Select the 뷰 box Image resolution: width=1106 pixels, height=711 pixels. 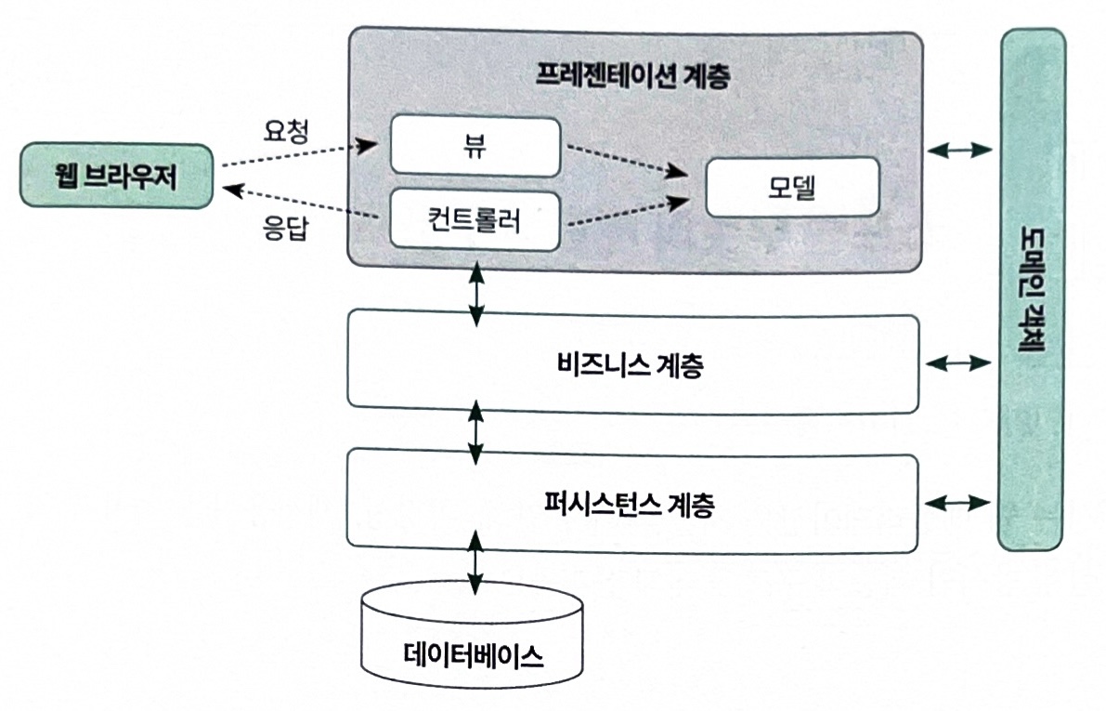(475, 145)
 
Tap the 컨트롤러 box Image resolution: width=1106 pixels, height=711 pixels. (475, 220)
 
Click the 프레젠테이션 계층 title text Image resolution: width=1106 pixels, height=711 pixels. (633, 77)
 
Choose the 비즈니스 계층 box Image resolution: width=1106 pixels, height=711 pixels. (633, 363)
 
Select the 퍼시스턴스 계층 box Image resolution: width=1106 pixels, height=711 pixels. (633, 500)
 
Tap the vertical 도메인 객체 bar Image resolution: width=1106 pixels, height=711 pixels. (1032, 288)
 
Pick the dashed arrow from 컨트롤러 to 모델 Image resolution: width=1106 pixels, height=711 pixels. (626, 211)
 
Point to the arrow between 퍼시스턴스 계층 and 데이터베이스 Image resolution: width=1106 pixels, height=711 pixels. (475, 560)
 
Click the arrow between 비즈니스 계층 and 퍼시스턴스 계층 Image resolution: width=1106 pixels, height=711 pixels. (475, 431)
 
